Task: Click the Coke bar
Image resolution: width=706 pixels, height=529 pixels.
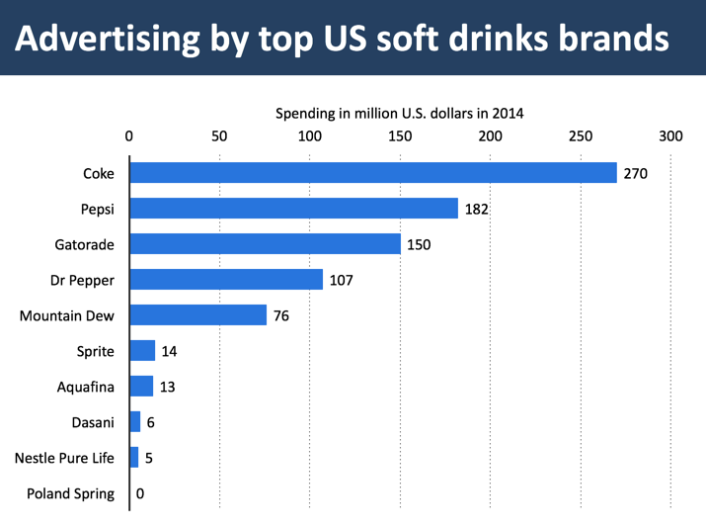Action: click(x=373, y=173)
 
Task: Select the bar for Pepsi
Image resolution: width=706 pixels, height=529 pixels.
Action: click(x=293, y=209)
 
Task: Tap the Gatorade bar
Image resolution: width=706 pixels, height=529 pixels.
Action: click(x=265, y=244)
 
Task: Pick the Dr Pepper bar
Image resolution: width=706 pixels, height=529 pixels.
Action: click(x=226, y=280)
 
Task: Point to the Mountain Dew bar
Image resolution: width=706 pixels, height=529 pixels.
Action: click(x=197, y=315)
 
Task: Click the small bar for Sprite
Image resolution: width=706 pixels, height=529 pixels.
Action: click(x=142, y=351)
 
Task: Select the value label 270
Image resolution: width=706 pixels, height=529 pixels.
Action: click(x=635, y=174)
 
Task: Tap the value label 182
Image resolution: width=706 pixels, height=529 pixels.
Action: click(x=477, y=210)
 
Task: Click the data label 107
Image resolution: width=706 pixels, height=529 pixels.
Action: click(x=341, y=281)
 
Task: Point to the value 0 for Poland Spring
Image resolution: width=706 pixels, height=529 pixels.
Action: click(x=140, y=494)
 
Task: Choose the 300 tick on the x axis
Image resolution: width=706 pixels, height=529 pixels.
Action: click(x=670, y=136)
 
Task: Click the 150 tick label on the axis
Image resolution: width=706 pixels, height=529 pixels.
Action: click(x=400, y=136)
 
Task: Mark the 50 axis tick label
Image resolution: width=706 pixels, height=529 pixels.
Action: click(x=219, y=136)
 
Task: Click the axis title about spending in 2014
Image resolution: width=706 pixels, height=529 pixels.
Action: click(x=399, y=113)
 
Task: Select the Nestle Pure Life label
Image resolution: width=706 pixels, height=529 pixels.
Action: click(x=64, y=458)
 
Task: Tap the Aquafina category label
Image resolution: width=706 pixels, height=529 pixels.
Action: click(x=86, y=387)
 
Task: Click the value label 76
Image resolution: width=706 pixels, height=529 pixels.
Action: click(x=280, y=316)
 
